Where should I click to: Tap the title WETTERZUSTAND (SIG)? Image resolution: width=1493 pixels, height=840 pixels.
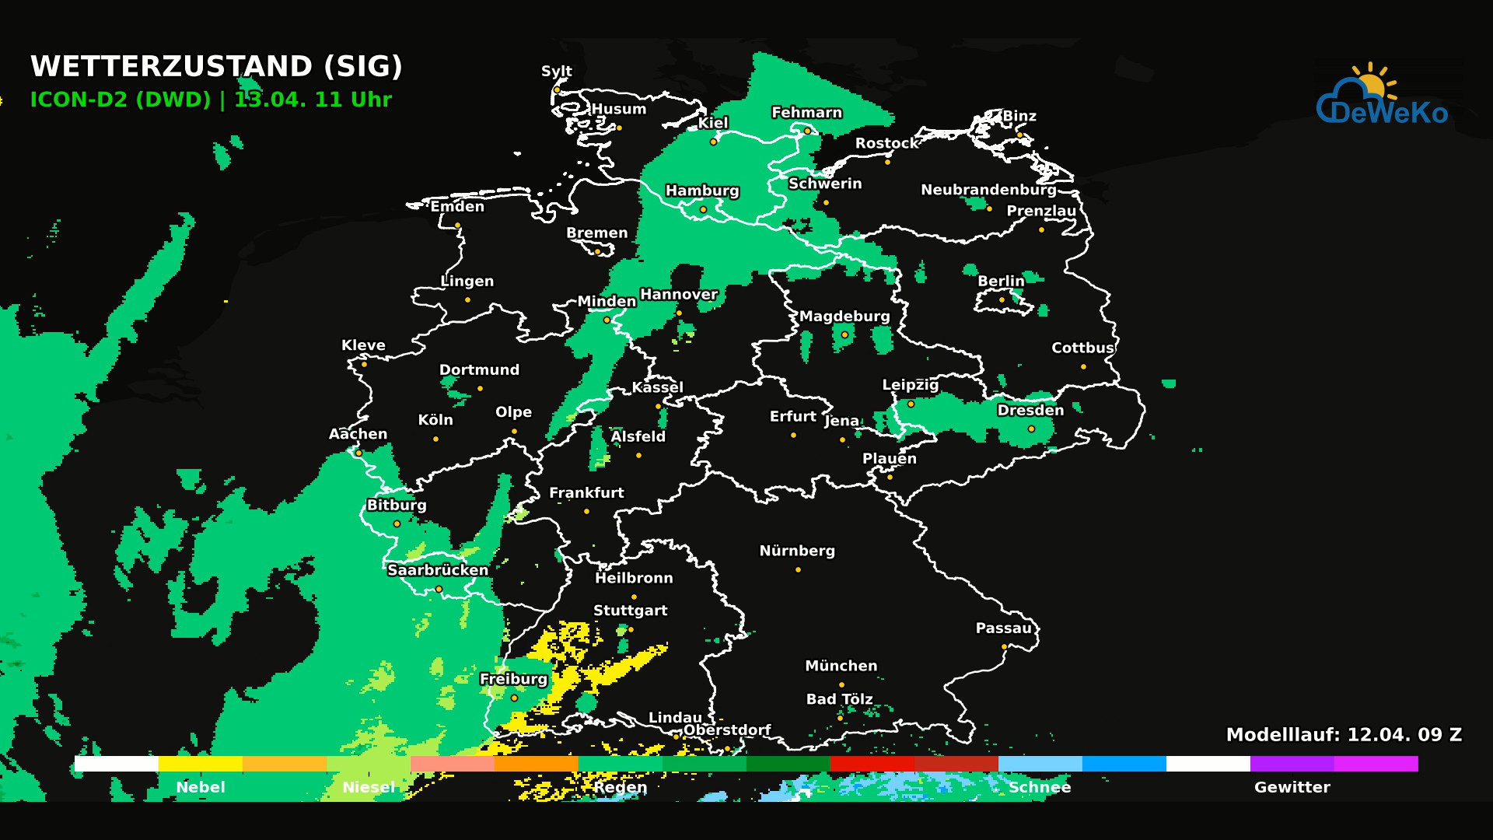tap(216, 67)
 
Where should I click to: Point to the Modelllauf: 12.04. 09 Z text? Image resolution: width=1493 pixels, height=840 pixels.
tap(1344, 735)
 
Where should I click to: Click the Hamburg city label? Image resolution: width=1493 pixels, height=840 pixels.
tap(702, 191)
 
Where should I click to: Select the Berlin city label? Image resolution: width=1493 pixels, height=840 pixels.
tap(1001, 281)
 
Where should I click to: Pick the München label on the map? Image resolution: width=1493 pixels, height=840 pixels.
tap(841, 666)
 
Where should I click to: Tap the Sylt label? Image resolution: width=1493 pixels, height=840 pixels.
tap(557, 71)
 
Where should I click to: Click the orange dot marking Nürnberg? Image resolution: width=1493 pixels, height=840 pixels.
tap(798, 570)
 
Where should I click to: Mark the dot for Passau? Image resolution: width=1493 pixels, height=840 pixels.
tap(1004, 647)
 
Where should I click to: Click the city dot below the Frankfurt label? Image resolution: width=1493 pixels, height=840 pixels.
tap(586, 512)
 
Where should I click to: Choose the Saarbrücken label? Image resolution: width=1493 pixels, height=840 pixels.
tap(438, 570)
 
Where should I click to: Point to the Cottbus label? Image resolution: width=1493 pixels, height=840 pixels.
tap(1082, 348)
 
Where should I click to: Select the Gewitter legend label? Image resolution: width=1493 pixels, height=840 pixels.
tap(1292, 787)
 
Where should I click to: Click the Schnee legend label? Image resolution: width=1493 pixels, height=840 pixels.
tap(1040, 787)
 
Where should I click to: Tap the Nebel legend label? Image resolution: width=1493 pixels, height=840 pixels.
tap(201, 787)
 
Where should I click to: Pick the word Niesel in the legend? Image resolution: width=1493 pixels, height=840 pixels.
tap(369, 787)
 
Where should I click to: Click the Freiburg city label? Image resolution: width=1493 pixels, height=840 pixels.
tap(513, 679)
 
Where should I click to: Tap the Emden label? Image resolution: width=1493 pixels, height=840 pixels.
tap(457, 206)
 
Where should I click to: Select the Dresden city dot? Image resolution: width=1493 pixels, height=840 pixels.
tap(1031, 429)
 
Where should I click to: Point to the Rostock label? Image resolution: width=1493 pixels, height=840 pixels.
tap(886, 143)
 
